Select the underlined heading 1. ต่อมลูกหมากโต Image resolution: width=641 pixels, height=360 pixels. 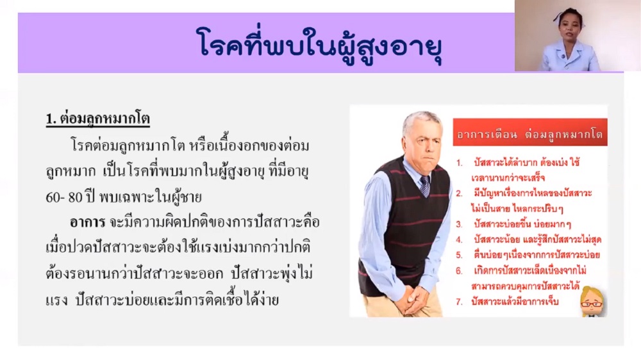point(97,119)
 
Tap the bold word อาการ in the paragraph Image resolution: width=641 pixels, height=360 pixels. point(87,223)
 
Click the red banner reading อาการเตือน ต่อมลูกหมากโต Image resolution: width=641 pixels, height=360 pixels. point(530,133)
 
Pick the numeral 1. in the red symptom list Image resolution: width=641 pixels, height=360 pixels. point(460,163)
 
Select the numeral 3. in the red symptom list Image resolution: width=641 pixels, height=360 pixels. point(460,224)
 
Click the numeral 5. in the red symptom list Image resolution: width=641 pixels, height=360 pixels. point(460,255)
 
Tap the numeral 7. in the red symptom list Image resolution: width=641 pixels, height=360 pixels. point(460,302)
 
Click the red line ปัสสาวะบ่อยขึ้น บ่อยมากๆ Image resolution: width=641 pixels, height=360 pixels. point(522,224)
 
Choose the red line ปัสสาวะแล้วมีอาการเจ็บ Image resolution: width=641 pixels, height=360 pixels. point(515,302)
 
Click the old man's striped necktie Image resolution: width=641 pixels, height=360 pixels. point(425,186)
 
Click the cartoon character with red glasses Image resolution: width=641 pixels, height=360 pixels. point(592,302)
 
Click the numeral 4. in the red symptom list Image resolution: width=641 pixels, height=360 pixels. point(460,240)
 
